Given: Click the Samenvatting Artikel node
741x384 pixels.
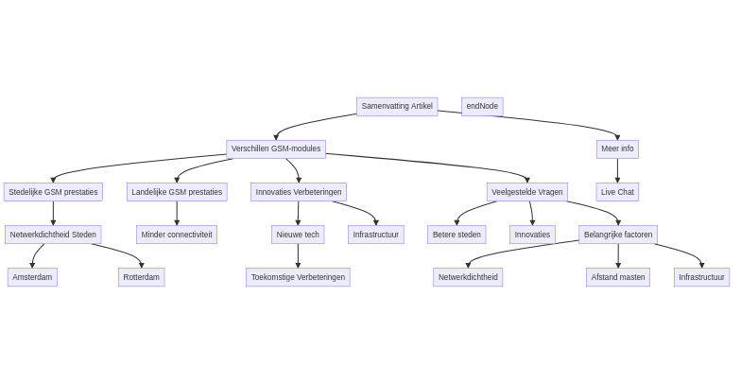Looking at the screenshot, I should [x=397, y=106].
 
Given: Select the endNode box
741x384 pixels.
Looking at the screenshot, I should [x=482, y=106].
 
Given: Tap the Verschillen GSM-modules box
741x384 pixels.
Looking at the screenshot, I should [x=276, y=148].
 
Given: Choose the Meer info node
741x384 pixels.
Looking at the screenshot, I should [x=617, y=148].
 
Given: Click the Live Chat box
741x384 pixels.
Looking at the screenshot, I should [x=617, y=192].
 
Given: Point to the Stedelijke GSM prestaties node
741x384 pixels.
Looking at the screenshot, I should [x=53, y=192].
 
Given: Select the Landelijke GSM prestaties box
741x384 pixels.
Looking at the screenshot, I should [x=177, y=192].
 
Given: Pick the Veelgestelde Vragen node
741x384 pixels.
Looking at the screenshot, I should [x=526, y=192].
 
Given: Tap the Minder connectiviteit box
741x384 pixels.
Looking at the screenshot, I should [x=177, y=235].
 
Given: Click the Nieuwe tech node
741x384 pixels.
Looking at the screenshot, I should [x=298, y=235].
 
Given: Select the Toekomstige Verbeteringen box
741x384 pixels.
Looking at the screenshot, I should [x=298, y=277].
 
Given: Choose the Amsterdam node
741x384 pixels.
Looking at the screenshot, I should [x=32, y=277].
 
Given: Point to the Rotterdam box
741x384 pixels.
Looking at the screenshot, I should [x=142, y=277].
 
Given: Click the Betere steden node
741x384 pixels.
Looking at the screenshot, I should [x=457, y=235].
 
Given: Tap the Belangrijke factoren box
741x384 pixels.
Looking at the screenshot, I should [x=618, y=235].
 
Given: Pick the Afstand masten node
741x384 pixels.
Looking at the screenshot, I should [x=618, y=277].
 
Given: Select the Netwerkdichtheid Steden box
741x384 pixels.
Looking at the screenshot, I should [x=53, y=235].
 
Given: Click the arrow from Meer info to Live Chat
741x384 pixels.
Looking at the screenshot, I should [x=617, y=170].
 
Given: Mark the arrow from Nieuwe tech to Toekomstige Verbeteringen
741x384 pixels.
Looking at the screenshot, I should [x=298, y=256].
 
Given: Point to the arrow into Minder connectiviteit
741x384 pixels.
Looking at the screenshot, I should [x=177, y=214].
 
